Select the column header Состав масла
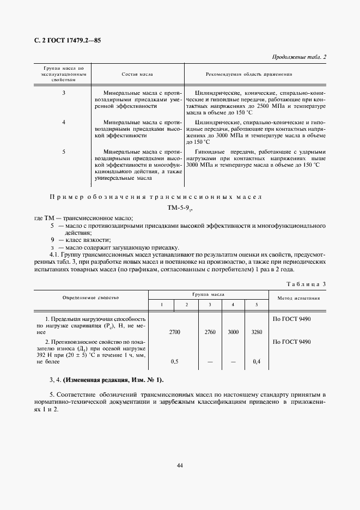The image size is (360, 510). (137, 74)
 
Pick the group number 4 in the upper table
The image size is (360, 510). (64, 122)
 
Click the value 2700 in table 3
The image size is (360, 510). (175, 331)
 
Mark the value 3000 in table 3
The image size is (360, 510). (233, 331)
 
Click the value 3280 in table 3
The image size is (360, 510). (257, 331)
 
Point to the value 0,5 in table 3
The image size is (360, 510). (175, 361)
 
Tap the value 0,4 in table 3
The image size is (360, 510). (257, 361)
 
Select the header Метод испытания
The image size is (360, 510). (298, 298)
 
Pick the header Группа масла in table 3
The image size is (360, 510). (209, 293)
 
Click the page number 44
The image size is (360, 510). (180, 465)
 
